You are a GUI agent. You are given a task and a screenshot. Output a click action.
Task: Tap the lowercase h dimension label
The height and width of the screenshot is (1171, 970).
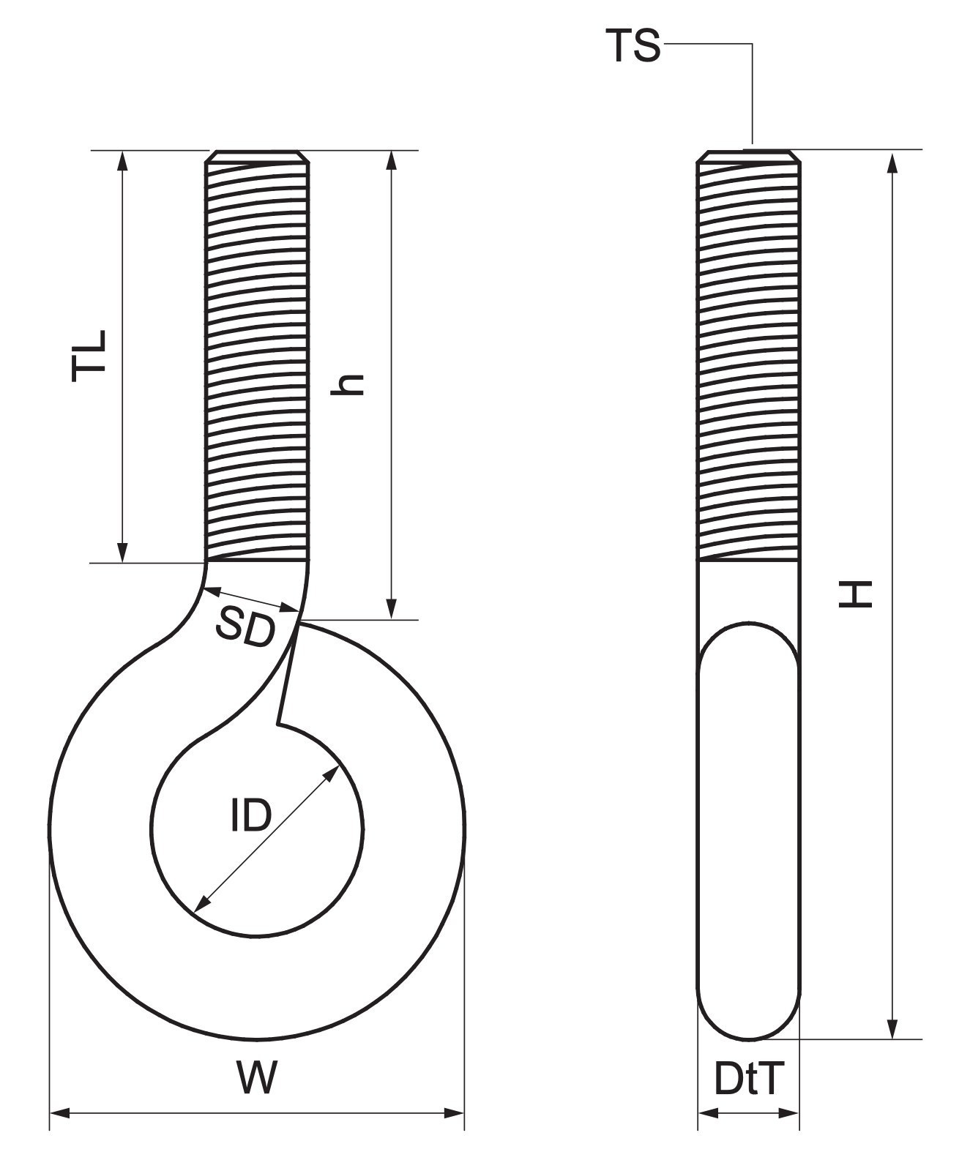(347, 384)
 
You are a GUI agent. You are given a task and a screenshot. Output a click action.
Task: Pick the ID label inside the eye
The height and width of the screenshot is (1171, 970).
(250, 816)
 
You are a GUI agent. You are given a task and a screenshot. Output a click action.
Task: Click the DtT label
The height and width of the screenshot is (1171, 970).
(749, 1080)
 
